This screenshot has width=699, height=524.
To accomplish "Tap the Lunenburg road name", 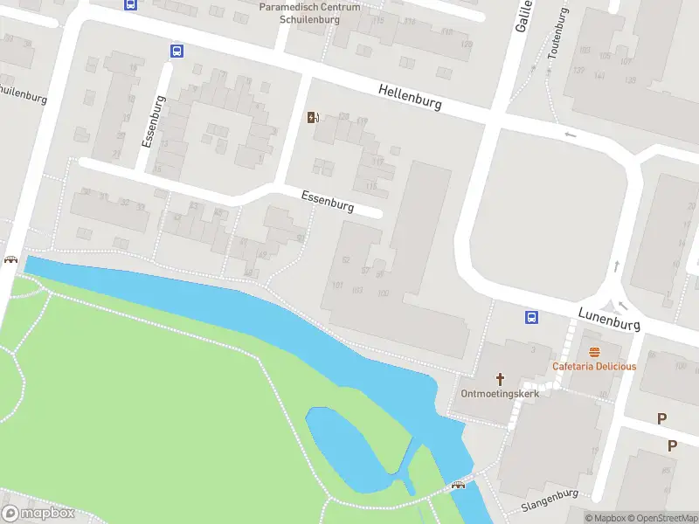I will [609, 318].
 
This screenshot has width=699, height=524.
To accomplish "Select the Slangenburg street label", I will [550, 500].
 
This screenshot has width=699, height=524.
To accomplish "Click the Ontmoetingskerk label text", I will [500, 393].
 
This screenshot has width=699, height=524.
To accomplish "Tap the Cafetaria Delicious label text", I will [594, 366].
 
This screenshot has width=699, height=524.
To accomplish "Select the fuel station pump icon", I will [313, 118].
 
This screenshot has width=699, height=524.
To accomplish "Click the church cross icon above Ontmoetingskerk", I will [501, 378].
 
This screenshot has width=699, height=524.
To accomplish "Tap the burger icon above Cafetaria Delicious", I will [594, 352].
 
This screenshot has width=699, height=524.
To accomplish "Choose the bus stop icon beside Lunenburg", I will [530, 317].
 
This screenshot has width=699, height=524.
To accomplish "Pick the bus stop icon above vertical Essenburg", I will [176, 51].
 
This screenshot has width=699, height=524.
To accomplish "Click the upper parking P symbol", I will [661, 419].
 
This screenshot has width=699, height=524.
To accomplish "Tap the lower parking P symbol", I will [672, 445].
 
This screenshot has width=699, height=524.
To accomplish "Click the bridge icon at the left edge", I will [10, 259].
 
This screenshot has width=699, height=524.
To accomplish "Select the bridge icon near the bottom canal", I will [458, 485].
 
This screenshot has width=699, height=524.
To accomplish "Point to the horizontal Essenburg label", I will [328, 202].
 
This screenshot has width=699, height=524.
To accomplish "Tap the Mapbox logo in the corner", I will [38, 514].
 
